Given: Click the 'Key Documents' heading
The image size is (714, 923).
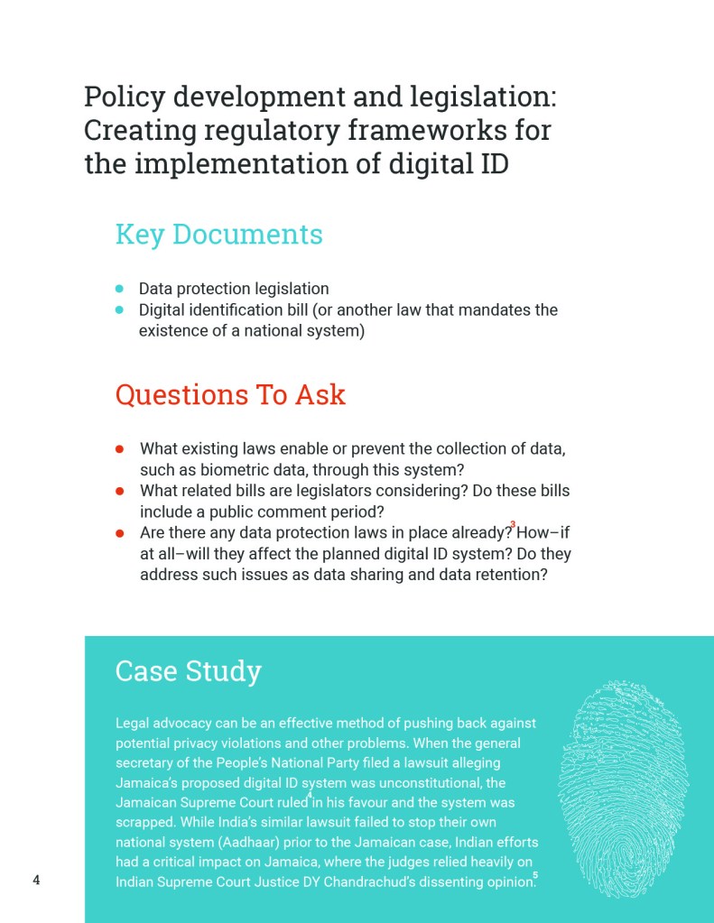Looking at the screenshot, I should click(218, 235).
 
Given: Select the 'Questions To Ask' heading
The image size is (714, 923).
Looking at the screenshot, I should click(230, 394).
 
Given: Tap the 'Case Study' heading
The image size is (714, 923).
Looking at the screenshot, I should click(188, 671).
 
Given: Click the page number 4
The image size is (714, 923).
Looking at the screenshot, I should click(36, 881).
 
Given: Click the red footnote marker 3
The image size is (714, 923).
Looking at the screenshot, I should click(513, 524).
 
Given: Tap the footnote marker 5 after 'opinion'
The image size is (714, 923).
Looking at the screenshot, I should click(535, 874).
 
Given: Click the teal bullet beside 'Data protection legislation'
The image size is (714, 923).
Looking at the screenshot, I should click(119, 289).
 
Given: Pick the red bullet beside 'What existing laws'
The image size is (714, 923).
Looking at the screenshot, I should click(119, 448).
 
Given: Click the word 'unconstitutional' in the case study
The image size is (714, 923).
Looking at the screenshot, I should click(422, 782).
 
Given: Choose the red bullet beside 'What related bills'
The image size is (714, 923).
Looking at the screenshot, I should click(119, 491).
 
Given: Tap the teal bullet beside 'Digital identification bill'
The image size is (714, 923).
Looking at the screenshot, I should click(119, 309).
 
